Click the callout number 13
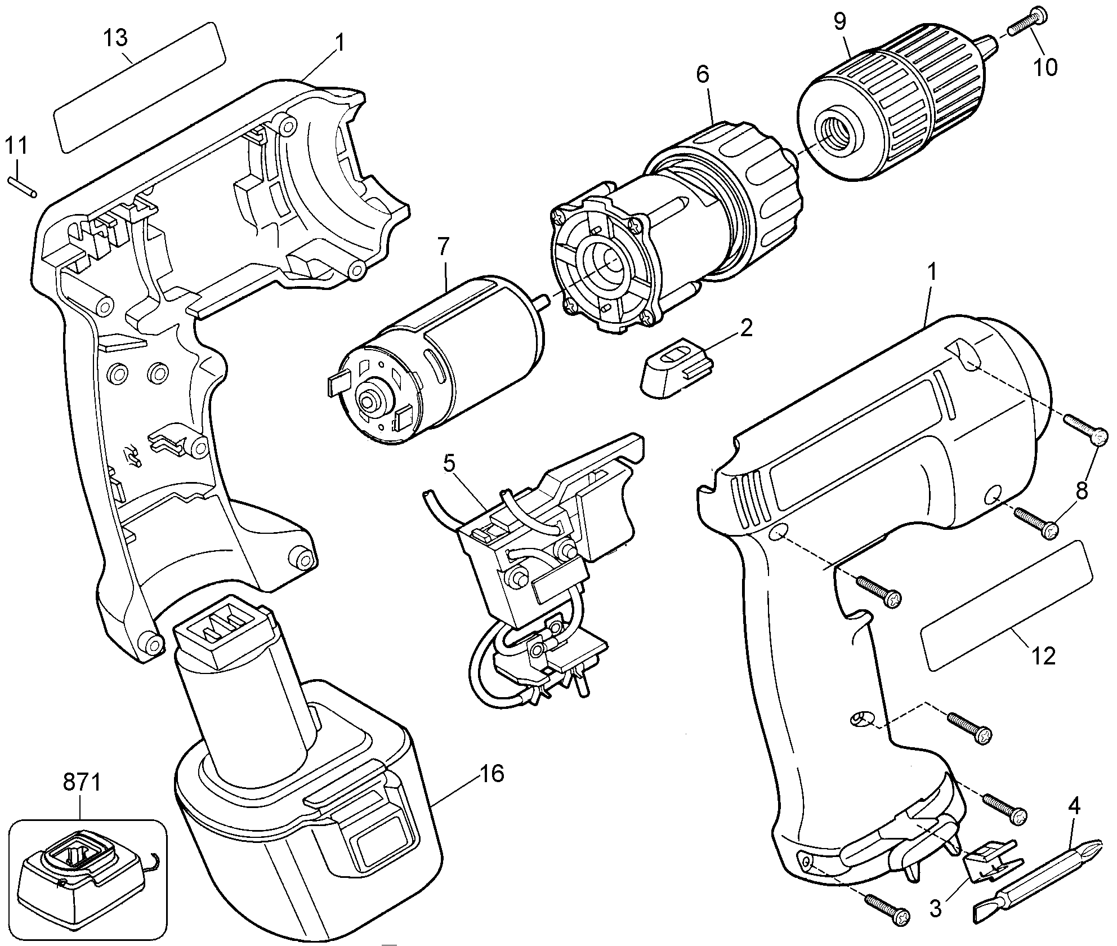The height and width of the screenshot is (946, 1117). point(115,38)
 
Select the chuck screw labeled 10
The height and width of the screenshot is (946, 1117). point(1021,21)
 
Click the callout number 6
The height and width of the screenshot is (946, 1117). point(703,75)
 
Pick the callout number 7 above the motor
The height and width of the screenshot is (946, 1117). point(444,247)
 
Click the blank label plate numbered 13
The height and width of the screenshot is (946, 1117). point(140,87)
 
